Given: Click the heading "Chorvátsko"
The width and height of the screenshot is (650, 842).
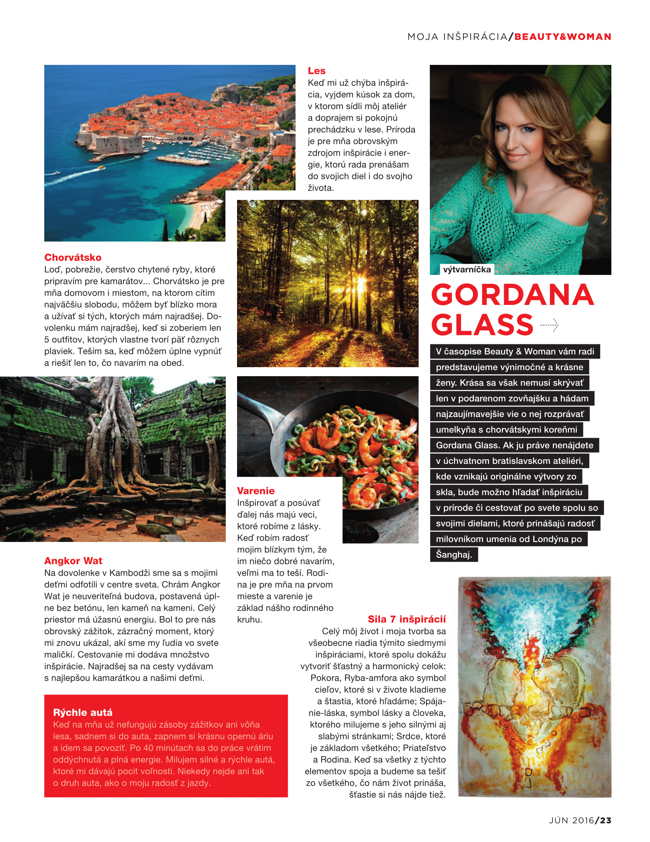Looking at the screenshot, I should tap(72, 258).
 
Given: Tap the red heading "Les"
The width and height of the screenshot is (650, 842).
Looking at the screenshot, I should tap(316, 71).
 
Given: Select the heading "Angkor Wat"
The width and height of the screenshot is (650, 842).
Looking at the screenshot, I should tap(73, 561).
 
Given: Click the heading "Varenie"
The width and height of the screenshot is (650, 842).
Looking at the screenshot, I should tap(255, 491).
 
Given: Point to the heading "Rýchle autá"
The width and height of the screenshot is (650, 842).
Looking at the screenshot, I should tap(83, 712).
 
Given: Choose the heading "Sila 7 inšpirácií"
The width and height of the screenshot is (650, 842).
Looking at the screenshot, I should tap(406, 619).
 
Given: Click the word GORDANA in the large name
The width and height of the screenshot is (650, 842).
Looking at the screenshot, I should tap(512, 295).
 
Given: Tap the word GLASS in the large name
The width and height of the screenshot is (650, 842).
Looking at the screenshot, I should tap(482, 325).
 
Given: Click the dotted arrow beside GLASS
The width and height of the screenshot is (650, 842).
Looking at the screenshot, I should tap(550, 325).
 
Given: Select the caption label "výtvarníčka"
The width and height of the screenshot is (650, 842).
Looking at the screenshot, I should tap(467, 270).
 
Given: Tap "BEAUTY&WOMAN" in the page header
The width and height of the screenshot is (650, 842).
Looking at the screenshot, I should tap(563, 37).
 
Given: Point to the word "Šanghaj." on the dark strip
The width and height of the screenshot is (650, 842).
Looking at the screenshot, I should tap(454, 555).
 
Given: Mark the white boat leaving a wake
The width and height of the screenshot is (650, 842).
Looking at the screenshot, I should tap(101, 168).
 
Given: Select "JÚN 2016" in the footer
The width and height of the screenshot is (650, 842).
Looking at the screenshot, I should tap(571, 820).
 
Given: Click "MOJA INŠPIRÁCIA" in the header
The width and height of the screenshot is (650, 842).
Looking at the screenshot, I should tap(457, 37).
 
